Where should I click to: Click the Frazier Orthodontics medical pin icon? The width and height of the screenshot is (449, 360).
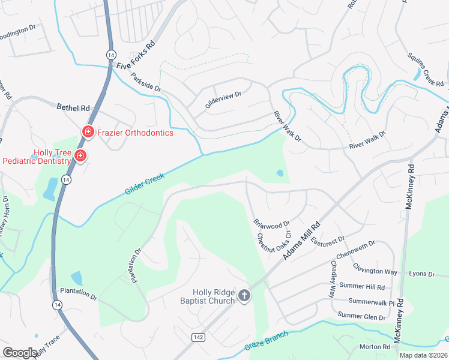[x=88, y=131]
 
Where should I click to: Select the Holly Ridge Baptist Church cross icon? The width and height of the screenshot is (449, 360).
[x=244, y=295]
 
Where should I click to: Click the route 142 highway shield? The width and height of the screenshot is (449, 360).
[x=197, y=338]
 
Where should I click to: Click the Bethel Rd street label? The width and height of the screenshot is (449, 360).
[x=73, y=107]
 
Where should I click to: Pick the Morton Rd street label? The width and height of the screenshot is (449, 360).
[x=375, y=347]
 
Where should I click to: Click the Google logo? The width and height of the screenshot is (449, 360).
[x=20, y=353]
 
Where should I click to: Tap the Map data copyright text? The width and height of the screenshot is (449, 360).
[x=424, y=355]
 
